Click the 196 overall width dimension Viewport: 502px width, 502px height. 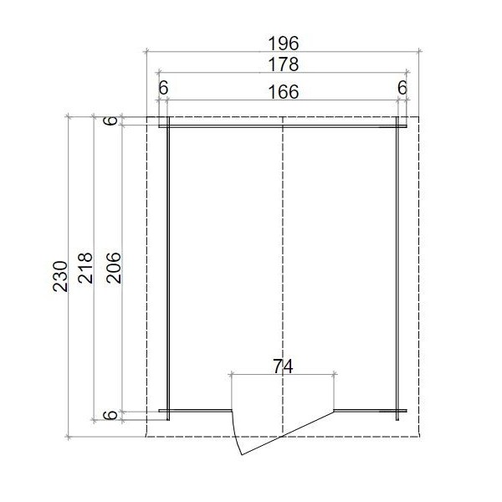point(284,44)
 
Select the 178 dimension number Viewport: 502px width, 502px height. point(284,64)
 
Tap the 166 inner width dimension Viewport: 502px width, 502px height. point(284,92)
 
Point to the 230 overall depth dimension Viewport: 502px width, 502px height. point(60,276)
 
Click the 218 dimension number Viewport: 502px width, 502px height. point(85,268)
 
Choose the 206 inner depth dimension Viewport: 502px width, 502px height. point(114,268)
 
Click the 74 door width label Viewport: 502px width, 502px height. point(283,367)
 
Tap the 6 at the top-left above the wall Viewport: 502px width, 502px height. point(163,88)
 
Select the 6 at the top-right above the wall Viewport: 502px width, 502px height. point(402,88)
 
